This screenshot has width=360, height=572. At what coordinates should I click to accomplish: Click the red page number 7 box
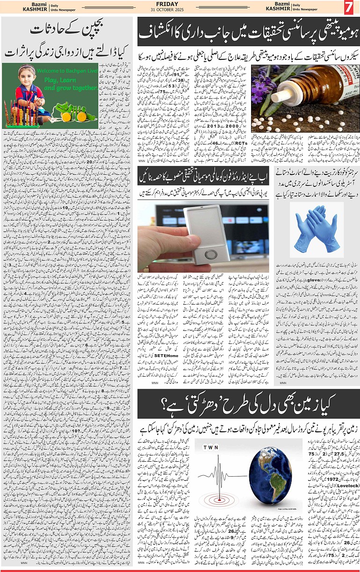pos(348,7)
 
